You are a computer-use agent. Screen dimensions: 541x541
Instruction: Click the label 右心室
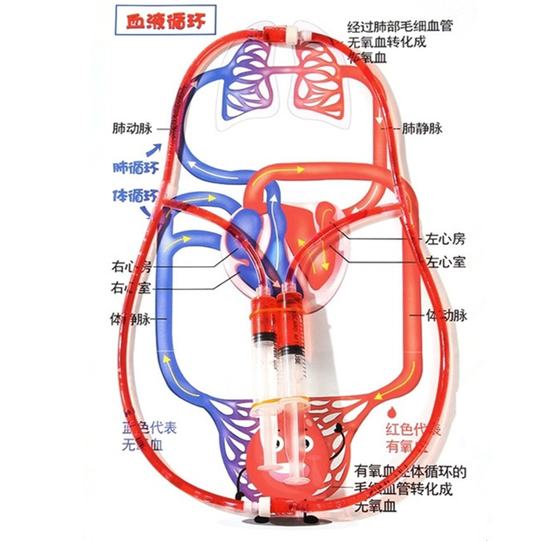pos(131,287)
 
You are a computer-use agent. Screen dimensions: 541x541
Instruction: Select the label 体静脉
pos(131,318)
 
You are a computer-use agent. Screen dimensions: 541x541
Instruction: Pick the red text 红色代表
pos(409,429)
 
